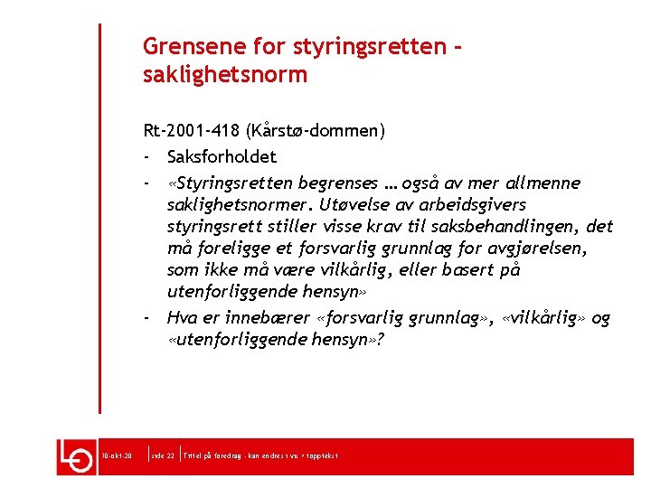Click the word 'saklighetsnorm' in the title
coord(225,74)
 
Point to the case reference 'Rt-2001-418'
coord(187,131)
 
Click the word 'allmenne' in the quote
coord(547,183)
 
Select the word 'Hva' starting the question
coord(182,317)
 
